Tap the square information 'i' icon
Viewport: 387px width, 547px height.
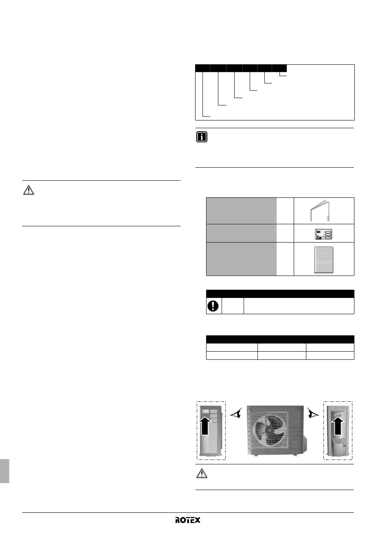point(202,137)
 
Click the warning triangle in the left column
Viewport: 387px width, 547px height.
point(29,190)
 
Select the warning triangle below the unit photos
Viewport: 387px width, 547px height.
point(202,473)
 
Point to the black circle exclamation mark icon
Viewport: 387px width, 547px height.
point(213,306)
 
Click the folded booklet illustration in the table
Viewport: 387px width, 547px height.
point(320,211)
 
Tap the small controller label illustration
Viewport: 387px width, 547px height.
point(323,234)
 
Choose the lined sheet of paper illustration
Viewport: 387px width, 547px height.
point(324,260)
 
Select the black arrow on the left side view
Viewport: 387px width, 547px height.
point(205,426)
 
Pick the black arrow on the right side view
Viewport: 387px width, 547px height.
point(338,426)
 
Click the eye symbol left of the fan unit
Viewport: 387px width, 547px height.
point(236,413)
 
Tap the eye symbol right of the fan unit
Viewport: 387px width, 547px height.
point(313,413)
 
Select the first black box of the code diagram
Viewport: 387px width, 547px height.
point(202,68)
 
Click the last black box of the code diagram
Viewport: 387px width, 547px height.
point(279,68)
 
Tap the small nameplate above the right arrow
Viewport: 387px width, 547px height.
point(338,414)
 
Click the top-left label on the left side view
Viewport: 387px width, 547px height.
point(206,411)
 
